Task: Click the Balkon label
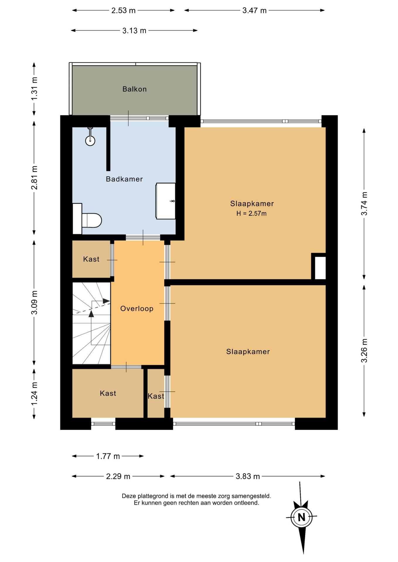135,89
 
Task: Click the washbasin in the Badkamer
166,201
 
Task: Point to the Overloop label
137,309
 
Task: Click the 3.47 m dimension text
254,11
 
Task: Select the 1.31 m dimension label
35,88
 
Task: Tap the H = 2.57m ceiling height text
251,213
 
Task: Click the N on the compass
302,517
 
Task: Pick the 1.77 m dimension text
108,456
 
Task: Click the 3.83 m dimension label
248,476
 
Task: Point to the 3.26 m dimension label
364,350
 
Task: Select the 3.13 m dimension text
134,31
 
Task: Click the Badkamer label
124,179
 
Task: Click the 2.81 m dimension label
35,177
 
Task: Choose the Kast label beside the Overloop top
91,259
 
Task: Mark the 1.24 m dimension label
35,394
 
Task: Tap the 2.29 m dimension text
118,476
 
